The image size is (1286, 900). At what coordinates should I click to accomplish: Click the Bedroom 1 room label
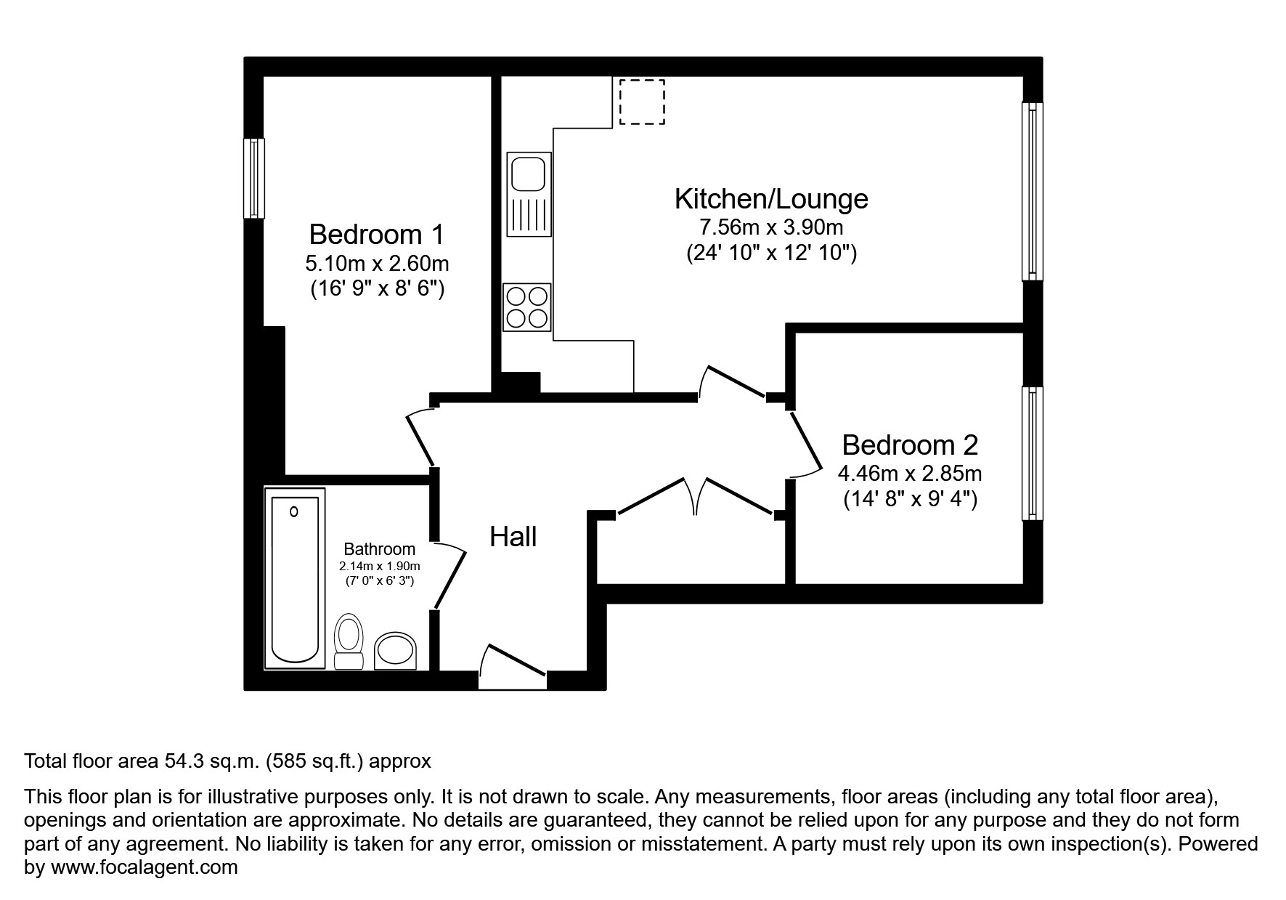tap(376, 235)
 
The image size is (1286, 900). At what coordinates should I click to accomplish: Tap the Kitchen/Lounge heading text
tap(771, 198)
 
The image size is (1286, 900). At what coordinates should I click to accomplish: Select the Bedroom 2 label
tap(910, 445)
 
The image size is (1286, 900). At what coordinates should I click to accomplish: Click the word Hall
tap(513, 537)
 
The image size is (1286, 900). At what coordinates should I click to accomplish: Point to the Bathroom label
tap(379, 549)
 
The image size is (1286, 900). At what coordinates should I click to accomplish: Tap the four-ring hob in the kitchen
tap(527, 307)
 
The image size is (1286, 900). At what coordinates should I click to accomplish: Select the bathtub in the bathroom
tap(294, 577)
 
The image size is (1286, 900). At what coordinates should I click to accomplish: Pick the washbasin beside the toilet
tap(396, 651)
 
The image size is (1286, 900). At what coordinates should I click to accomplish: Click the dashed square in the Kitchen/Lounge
tap(642, 102)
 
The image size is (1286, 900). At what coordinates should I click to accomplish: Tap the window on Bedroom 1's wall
tap(253, 178)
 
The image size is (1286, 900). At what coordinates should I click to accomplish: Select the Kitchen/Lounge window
tap(1032, 191)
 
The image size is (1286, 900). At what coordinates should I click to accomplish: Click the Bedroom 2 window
tap(1032, 453)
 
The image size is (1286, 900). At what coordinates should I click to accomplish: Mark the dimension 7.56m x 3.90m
tap(770, 227)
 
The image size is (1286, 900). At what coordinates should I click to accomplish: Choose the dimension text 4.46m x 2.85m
tap(909, 474)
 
